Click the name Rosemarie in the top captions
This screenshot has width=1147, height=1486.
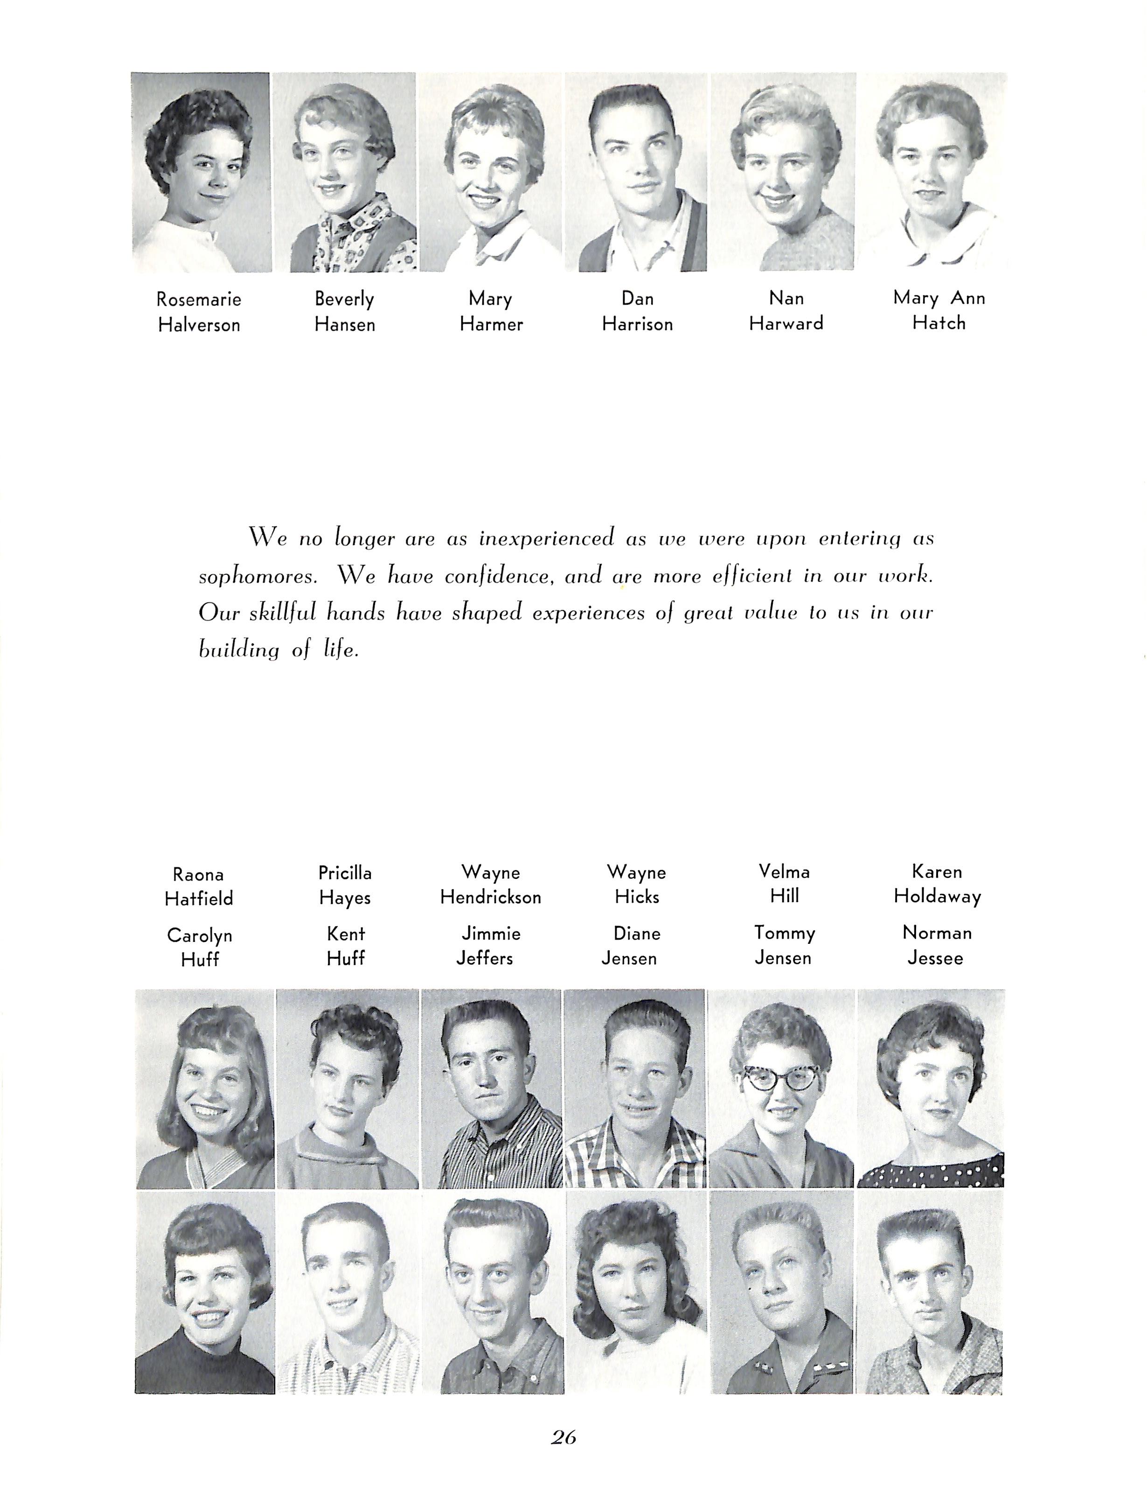tap(199, 300)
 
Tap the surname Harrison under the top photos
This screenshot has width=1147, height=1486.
tap(638, 325)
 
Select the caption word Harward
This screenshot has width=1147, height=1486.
tap(786, 324)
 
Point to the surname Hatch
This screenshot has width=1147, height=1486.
tap(939, 323)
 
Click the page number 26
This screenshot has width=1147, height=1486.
tap(564, 1437)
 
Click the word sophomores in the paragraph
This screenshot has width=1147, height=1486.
tap(258, 577)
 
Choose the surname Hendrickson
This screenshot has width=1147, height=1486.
tap(491, 898)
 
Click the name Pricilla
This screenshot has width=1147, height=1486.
tap(345, 873)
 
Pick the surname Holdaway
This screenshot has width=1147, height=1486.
tap(938, 897)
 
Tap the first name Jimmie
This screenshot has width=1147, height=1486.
tap(491, 934)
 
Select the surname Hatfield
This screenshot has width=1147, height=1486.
tap(199, 899)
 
